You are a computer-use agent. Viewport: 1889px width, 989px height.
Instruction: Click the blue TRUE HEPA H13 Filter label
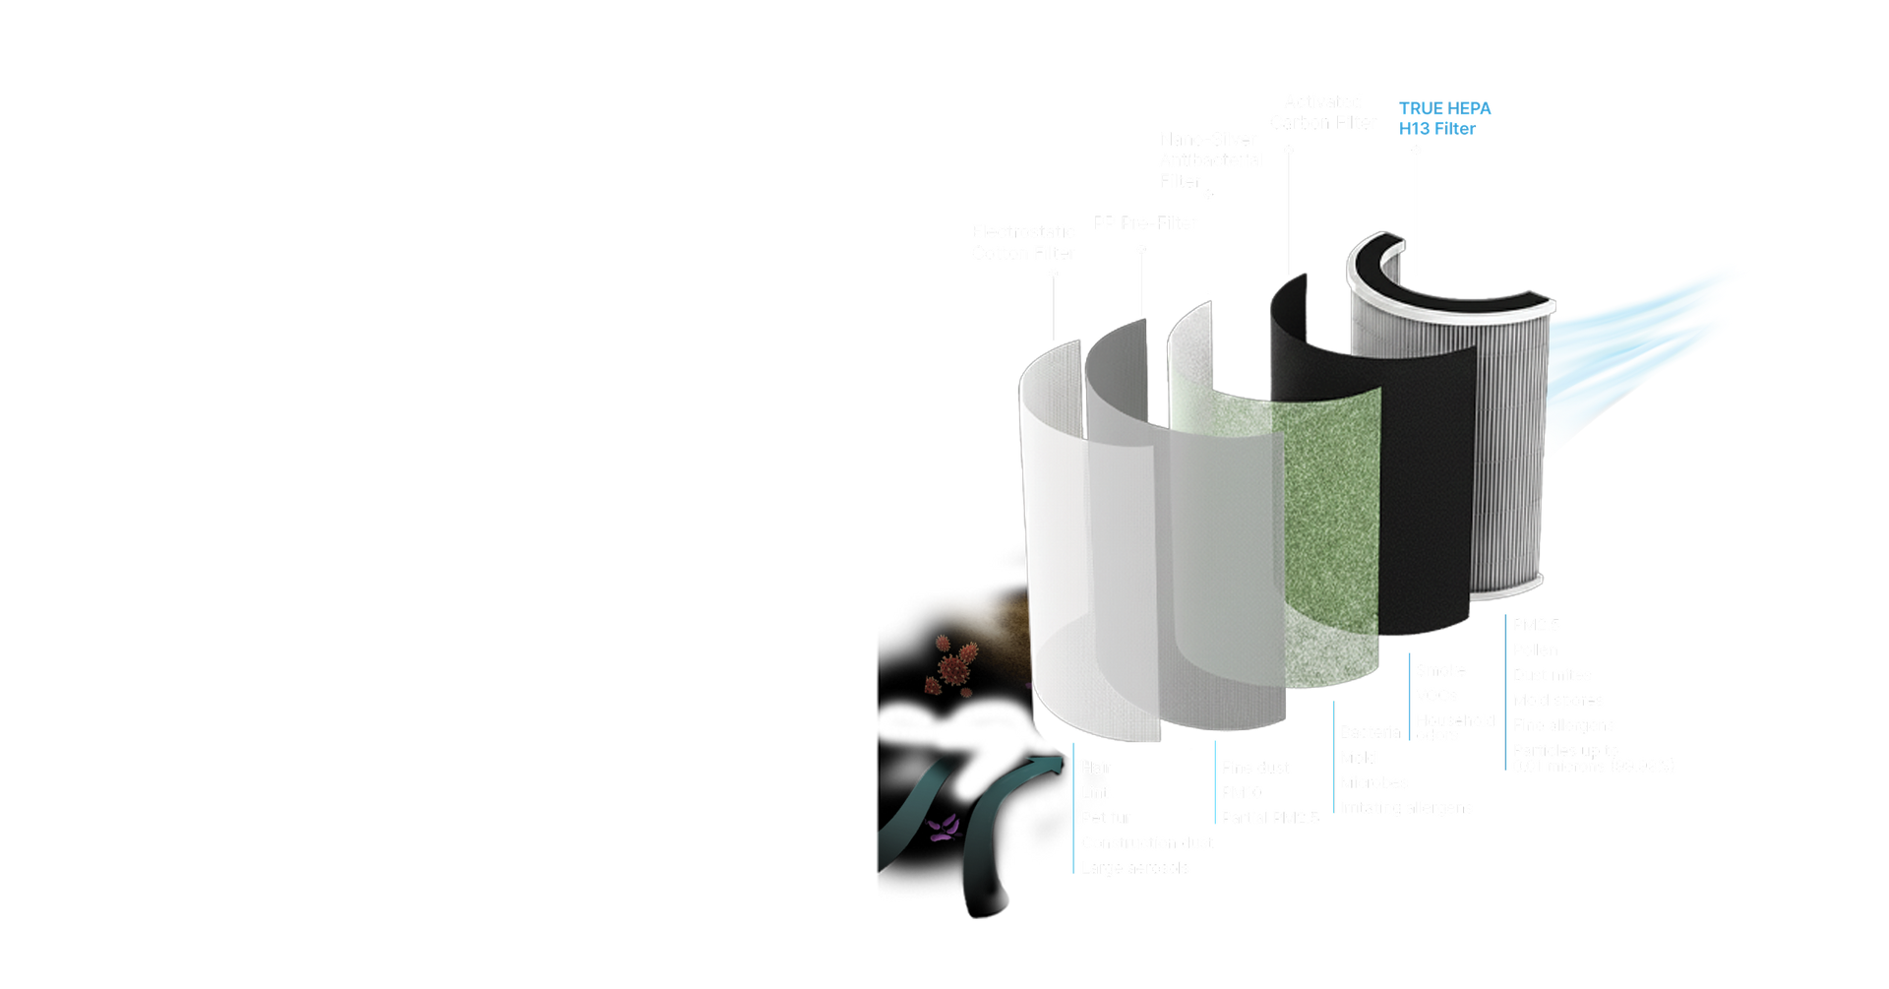(1443, 119)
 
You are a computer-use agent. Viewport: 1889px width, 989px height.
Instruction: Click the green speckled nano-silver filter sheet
(1328, 522)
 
